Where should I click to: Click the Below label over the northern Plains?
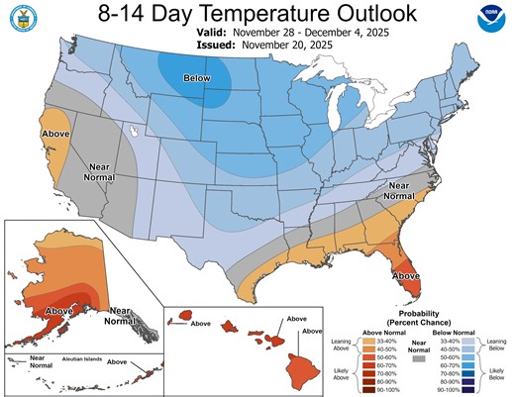[198, 78]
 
